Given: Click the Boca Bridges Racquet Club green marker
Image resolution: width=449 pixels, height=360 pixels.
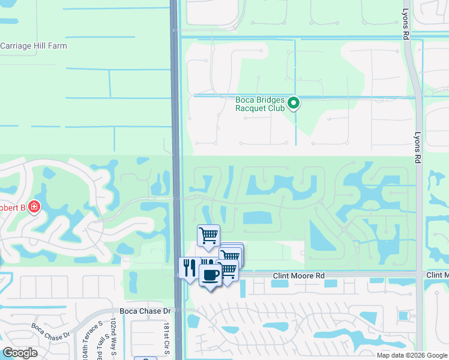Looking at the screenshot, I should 294,104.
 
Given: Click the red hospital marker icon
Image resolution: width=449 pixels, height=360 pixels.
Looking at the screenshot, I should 34,207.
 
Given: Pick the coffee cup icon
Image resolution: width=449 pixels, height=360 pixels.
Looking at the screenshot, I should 210,275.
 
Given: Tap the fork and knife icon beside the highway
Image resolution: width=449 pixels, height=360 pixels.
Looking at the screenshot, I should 190,267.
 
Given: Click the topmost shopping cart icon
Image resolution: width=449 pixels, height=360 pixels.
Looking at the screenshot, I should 208,235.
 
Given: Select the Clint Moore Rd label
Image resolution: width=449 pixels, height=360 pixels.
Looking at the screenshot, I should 298,276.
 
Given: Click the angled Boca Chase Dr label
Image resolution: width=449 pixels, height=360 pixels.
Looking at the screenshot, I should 53,340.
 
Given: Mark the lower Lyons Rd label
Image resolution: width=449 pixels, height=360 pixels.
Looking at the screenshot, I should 416,148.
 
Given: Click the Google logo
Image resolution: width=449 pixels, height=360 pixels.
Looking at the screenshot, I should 20,353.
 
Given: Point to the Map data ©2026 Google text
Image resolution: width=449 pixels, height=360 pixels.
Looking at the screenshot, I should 412,355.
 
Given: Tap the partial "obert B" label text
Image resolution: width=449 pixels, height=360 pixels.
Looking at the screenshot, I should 13,207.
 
